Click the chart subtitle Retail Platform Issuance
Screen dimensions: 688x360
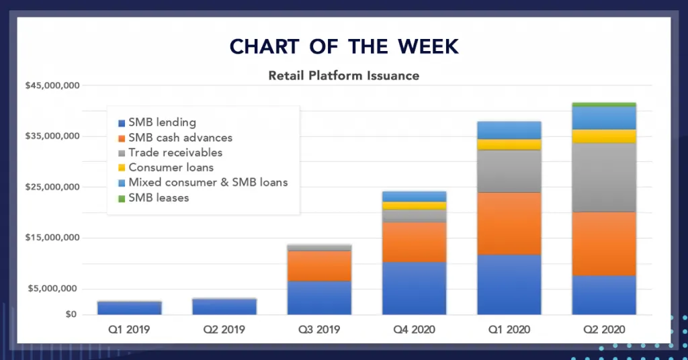tap(343, 75)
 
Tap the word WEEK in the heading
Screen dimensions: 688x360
tap(428, 46)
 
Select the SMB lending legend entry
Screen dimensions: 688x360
tap(157, 123)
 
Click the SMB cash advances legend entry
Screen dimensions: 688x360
tap(175, 138)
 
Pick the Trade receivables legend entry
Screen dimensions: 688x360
tap(170, 152)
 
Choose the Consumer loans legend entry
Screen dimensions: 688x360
tap(166, 167)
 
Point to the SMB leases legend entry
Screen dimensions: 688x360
tap(154, 197)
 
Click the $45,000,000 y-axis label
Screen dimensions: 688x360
tap(52, 85)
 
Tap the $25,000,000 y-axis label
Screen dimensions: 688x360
tap(52, 187)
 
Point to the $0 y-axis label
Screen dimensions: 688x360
tap(71, 314)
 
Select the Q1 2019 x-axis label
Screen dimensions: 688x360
tap(129, 329)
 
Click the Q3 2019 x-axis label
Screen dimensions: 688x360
tap(319, 329)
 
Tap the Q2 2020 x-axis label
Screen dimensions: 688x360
tap(604, 329)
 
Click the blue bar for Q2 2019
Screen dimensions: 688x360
tap(224, 306)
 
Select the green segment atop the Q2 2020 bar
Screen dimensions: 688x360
tap(604, 104)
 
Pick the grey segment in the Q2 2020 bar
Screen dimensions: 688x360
tap(604, 177)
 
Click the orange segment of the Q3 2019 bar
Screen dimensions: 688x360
tap(319, 266)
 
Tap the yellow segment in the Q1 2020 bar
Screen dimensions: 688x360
tap(509, 144)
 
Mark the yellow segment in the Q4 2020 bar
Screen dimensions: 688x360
tap(414, 206)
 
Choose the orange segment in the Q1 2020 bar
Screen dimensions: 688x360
tap(509, 224)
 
